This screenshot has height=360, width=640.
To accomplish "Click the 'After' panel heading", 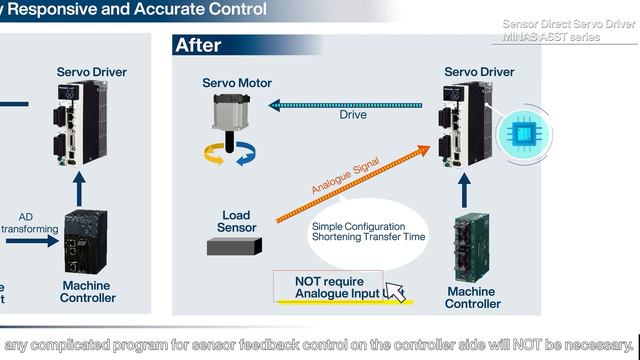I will (198, 45).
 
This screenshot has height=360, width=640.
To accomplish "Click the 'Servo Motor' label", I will (237, 83).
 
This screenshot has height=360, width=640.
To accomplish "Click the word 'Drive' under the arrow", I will (353, 115).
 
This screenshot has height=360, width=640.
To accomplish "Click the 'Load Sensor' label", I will (237, 220).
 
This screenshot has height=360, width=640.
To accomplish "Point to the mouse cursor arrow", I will (395, 291).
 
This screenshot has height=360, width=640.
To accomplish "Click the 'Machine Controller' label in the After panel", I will (472, 297).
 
